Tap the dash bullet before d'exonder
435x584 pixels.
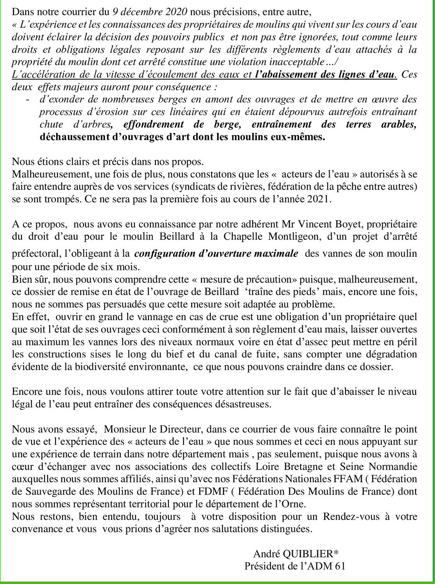[28, 100]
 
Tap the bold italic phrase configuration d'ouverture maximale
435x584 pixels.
[216, 253]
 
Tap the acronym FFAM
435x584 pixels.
[339, 479]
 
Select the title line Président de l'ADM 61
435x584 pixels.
[295, 566]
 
